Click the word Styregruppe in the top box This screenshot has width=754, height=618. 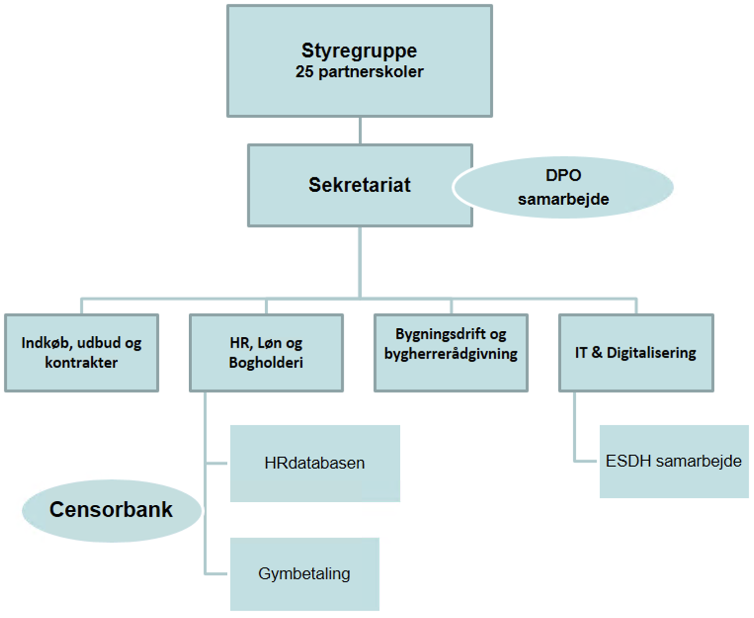coord(359,50)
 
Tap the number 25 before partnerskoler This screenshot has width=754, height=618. coord(304,72)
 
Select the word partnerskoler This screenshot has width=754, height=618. coord(371,72)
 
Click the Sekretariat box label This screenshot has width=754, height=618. coord(359,185)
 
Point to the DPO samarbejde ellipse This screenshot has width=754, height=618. coord(563,187)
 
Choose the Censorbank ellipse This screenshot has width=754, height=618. coord(111,510)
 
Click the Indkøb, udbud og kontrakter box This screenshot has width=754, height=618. coord(82,353)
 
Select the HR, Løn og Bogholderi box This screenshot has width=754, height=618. coord(266,353)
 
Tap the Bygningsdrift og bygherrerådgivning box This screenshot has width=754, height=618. coord(451,353)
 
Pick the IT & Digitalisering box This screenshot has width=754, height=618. coord(636,353)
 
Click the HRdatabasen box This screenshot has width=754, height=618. coord(315,463)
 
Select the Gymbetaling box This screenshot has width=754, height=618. coord(304,574)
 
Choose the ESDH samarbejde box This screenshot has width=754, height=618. coord(673,461)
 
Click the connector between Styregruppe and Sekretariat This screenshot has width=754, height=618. coord(360,131)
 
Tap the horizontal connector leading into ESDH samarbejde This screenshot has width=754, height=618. coord(587,461)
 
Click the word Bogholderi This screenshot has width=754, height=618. coord(266,363)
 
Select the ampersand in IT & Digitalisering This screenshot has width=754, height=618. coord(597,353)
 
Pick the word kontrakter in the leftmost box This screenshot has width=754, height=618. coord(82,363)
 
